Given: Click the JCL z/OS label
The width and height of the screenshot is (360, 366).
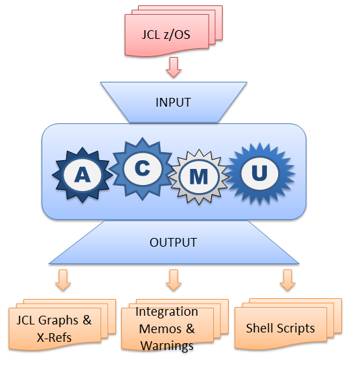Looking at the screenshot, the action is [166, 35].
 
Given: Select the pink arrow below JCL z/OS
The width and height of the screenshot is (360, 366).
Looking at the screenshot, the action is [174, 67].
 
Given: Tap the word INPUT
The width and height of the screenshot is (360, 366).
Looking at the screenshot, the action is [173, 103].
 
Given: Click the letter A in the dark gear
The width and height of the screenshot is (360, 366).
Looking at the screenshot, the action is [82, 174].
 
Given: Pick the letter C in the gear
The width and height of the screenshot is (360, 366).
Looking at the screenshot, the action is [142, 168].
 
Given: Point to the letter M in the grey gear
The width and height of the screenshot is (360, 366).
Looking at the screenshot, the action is [198, 177].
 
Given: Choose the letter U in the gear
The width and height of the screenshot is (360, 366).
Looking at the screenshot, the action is [259, 173].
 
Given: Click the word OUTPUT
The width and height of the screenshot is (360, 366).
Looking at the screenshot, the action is [173, 242].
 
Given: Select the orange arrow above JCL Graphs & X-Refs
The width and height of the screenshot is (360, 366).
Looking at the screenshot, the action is [63, 280].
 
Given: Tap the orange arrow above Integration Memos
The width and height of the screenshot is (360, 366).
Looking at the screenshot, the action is [174, 280].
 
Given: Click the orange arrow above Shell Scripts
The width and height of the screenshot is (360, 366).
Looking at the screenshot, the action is [288, 280].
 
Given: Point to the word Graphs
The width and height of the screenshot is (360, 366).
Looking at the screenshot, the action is [58, 320].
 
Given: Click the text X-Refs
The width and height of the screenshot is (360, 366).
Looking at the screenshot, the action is [54, 337].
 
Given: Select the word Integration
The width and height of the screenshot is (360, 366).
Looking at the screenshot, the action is [167, 312].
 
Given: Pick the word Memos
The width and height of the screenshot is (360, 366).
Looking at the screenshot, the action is [160, 328].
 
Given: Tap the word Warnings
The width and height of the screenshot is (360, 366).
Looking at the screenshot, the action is [167, 346].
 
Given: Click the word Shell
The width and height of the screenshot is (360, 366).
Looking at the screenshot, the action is [259, 328].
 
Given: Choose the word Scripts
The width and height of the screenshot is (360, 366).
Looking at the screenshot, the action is [296, 328].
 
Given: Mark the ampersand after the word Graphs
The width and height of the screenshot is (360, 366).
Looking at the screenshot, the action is [87, 320].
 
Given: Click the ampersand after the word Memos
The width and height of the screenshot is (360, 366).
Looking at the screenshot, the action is [190, 328].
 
